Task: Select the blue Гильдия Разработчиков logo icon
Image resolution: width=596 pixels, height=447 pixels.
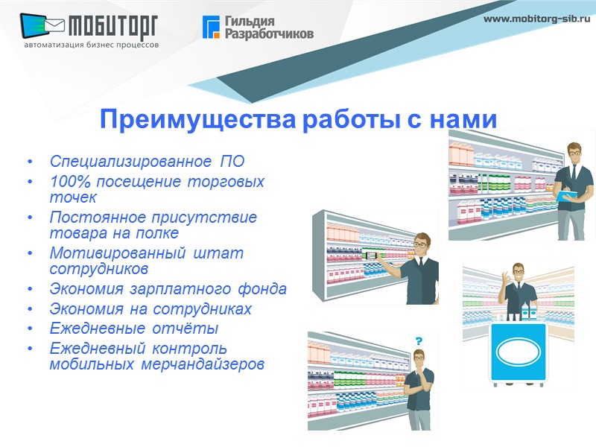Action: pyautogui.click(x=212, y=28)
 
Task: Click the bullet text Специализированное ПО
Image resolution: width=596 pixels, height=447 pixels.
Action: pyautogui.click(x=147, y=162)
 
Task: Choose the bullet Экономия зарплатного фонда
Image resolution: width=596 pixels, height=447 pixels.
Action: pyautogui.click(x=168, y=289)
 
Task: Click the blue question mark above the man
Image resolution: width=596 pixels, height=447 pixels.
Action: pyautogui.click(x=419, y=341)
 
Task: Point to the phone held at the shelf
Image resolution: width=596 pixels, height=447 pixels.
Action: pyautogui.click(x=369, y=256)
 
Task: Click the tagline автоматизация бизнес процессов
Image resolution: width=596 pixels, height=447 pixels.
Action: pyautogui.click(x=91, y=45)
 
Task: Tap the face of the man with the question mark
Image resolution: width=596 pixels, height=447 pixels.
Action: pyautogui.click(x=419, y=359)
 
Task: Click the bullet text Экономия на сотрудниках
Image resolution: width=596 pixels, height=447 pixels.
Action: pyautogui.click(x=150, y=308)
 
